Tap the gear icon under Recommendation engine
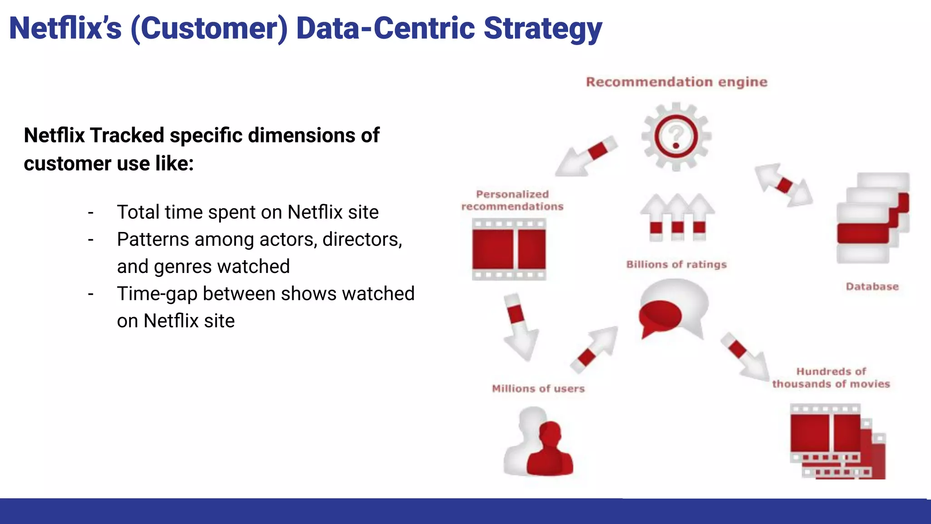click(x=676, y=136)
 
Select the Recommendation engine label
click(x=676, y=82)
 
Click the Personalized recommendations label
click(x=512, y=200)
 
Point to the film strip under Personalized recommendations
click(x=509, y=249)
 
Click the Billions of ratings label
click(x=676, y=264)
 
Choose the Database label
click(x=872, y=287)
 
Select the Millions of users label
click(x=538, y=388)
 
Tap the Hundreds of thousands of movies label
click(x=831, y=378)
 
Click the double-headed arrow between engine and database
click(x=784, y=185)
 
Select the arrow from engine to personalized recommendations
click(x=586, y=156)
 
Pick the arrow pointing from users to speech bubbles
click(x=594, y=349)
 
